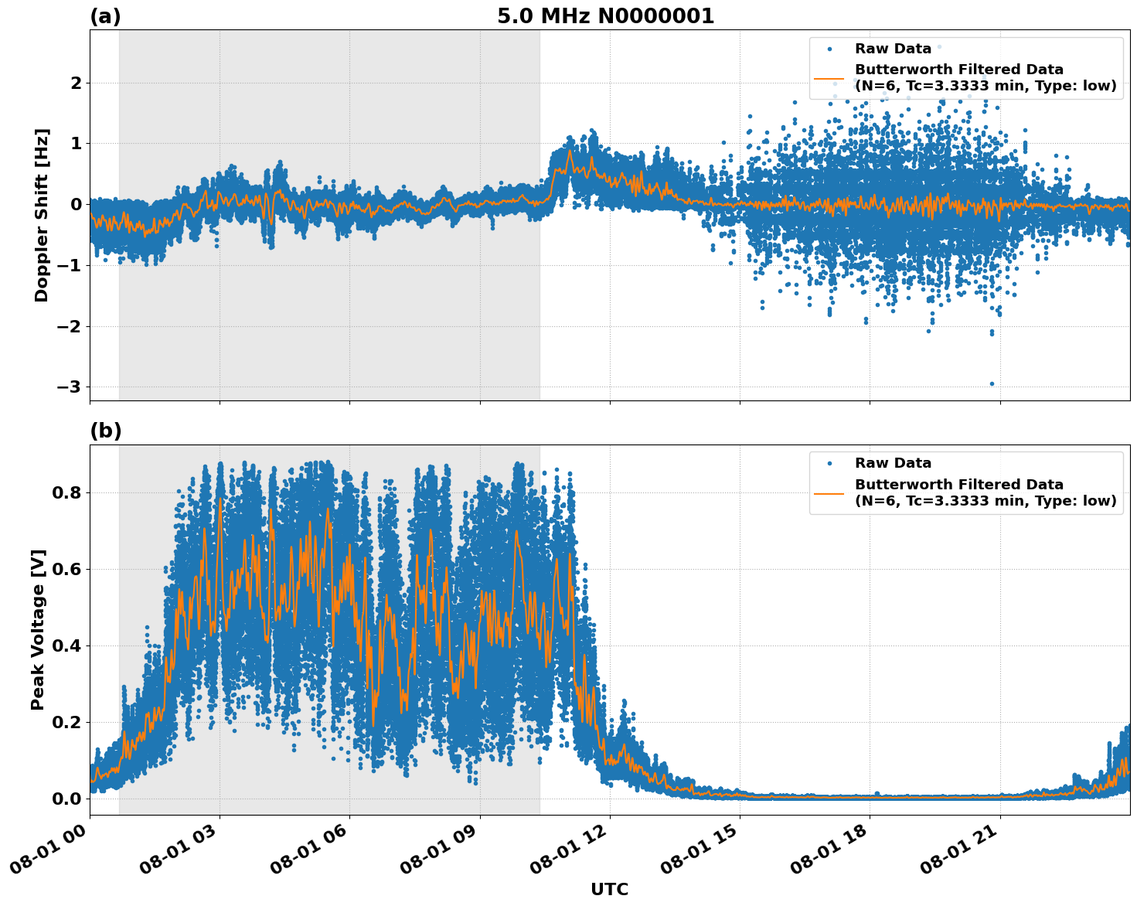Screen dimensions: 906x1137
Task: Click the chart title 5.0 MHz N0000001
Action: [605, 16]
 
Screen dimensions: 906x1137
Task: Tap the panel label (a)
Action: [105, 16]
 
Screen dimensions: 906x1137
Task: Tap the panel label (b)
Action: [106, 431]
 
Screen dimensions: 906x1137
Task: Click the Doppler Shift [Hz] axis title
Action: [42, 215]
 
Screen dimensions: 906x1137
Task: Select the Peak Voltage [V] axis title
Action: [39, 629]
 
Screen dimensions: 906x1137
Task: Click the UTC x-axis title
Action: [609, 889]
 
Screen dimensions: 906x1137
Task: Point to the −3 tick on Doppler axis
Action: [71, 387]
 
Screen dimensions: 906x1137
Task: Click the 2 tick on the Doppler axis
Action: [76, 83]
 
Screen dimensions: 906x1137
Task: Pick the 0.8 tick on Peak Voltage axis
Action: [66, 492]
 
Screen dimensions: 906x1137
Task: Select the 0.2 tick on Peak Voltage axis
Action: [66, 722]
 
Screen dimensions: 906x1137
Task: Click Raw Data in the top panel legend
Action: [893, 49]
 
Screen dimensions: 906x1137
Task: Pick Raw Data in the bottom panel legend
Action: [893, 463]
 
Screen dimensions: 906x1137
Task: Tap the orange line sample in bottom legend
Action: [829, 492]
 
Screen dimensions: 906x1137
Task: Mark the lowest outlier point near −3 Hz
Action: [992, 383]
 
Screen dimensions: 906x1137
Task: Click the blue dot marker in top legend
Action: [829, 49]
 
